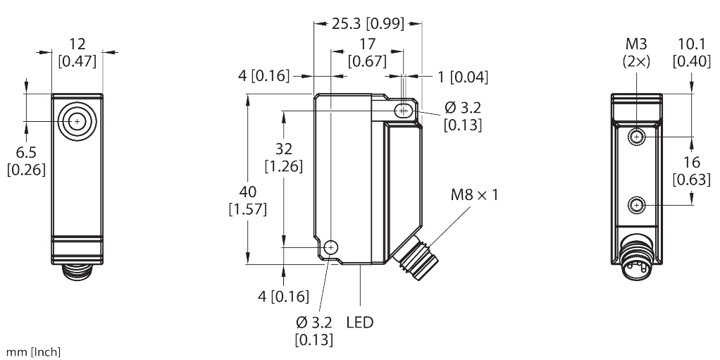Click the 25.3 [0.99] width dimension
[x=367, y=23]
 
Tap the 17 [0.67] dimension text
[x=367, y=53]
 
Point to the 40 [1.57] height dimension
[x=247, y=200]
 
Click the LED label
[x=360, y=323]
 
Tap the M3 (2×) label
[x=636, y=53]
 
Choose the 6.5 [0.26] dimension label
[x=25, y=161]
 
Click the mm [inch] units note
[x=32, y=352]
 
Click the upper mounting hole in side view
[x=404, y=111]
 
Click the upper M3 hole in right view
[x=637, y=136]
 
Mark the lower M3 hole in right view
[x=637, y=205]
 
